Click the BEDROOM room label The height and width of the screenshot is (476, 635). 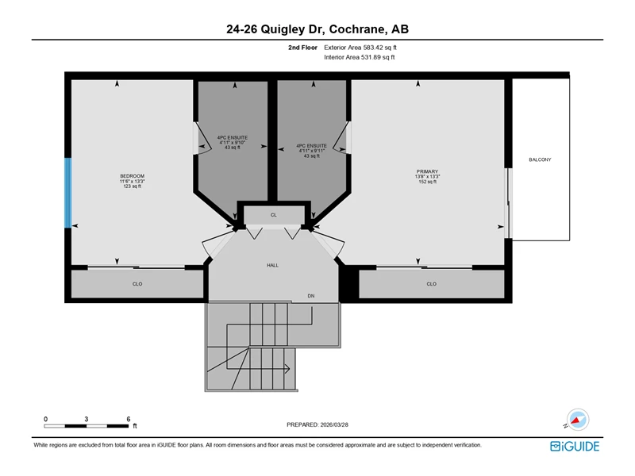(132, 176)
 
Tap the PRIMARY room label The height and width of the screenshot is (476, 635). (427, 171)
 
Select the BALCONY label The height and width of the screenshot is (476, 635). (540, 159)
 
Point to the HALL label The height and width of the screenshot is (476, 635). (272, 265)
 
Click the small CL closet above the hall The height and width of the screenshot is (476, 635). (274, 215)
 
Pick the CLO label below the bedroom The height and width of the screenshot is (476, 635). (137, 284)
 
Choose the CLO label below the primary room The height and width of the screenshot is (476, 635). (431, 284)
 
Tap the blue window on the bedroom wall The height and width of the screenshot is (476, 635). (68, 193)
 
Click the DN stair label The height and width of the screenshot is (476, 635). (311, 296)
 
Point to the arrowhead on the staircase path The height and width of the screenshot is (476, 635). (287, 369)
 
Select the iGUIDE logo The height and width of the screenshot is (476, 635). (575, 446)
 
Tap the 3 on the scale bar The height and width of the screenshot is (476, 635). (87, 419)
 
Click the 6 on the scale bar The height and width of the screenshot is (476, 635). (129, 419)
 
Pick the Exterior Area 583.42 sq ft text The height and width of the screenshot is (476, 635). (360, 48)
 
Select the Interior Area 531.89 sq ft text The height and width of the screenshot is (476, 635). (360, 57)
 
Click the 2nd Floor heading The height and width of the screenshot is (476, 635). (302, 48)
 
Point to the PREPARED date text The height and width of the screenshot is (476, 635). (317, 424)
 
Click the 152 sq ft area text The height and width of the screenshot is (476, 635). (427, 182)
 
